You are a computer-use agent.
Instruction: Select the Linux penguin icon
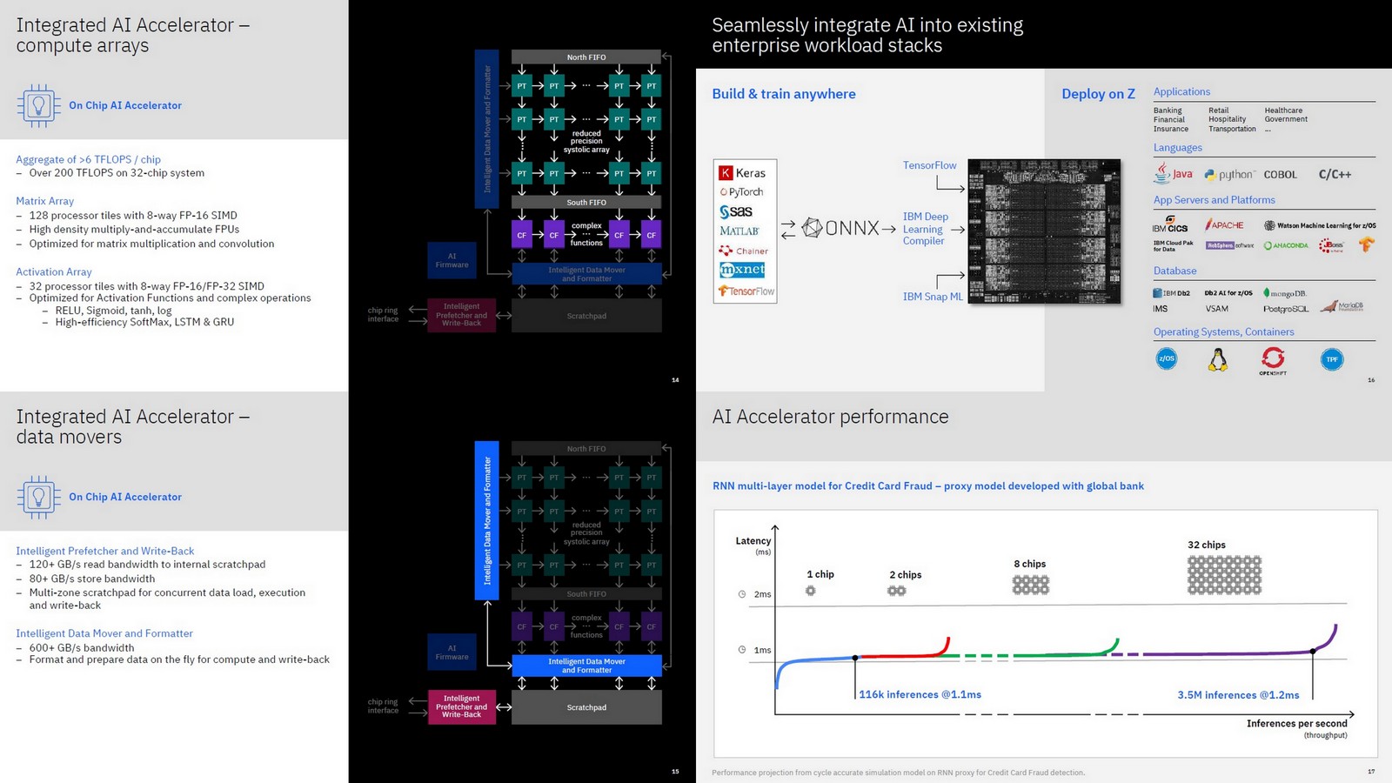[x=1218, y=359]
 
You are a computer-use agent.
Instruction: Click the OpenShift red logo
[x=1273, y=358]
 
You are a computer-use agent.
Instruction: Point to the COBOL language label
[x=1280, y=175]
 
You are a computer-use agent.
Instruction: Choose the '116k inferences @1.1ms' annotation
[x=920, y=694]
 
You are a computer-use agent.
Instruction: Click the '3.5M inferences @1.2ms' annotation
[x=1238, y=695]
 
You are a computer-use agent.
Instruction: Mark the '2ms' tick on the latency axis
[x=762, y=594]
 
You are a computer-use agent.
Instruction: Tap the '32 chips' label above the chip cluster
[x=1206, y=545]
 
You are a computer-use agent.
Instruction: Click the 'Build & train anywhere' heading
[x=783, y=94]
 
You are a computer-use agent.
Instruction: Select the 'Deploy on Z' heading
[x=1098, y=94]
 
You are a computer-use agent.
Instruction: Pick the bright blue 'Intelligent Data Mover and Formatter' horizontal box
[x=586, y=666]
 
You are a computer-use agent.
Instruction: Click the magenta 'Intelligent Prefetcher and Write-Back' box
[x=461, y=706]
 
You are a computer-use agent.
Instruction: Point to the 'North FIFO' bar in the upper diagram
[x=586, y=57]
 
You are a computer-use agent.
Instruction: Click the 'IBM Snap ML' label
[x=933, y=297]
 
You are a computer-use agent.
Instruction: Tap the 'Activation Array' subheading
[x=53, y=272]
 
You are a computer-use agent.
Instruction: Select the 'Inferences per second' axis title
[x=1296, y=724]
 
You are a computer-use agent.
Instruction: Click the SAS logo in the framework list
[x=736, y=211]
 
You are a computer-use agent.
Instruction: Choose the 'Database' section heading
[x=1174, y=271]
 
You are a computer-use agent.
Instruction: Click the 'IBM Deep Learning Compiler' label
[x=925, y=229]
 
